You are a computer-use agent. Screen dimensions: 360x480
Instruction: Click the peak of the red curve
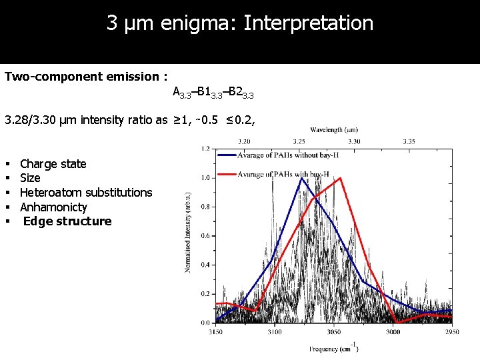pos(341,178)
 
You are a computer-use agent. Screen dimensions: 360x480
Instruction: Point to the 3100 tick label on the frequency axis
pos(274,331)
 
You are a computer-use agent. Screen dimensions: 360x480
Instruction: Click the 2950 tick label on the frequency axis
pos(452,331)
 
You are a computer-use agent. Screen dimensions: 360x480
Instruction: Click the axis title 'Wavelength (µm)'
pos(334,130)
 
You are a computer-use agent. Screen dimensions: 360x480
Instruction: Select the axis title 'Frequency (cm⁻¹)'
pos(333,348)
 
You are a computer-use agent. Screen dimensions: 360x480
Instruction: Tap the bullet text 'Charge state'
pos(53,164)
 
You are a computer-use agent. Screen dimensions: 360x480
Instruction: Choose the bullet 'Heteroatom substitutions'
pos(86,193)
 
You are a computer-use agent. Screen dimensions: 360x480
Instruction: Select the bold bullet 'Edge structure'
pos(67,221)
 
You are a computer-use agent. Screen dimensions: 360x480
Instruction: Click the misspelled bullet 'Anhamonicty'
pos(53,207)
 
